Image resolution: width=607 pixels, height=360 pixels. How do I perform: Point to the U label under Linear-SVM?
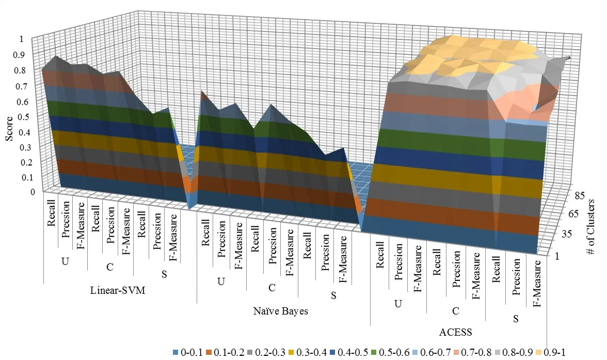pyautogui.click(x=65, y=261)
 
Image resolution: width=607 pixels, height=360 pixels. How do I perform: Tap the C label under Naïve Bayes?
pyautogui.click(x=272, y=287)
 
